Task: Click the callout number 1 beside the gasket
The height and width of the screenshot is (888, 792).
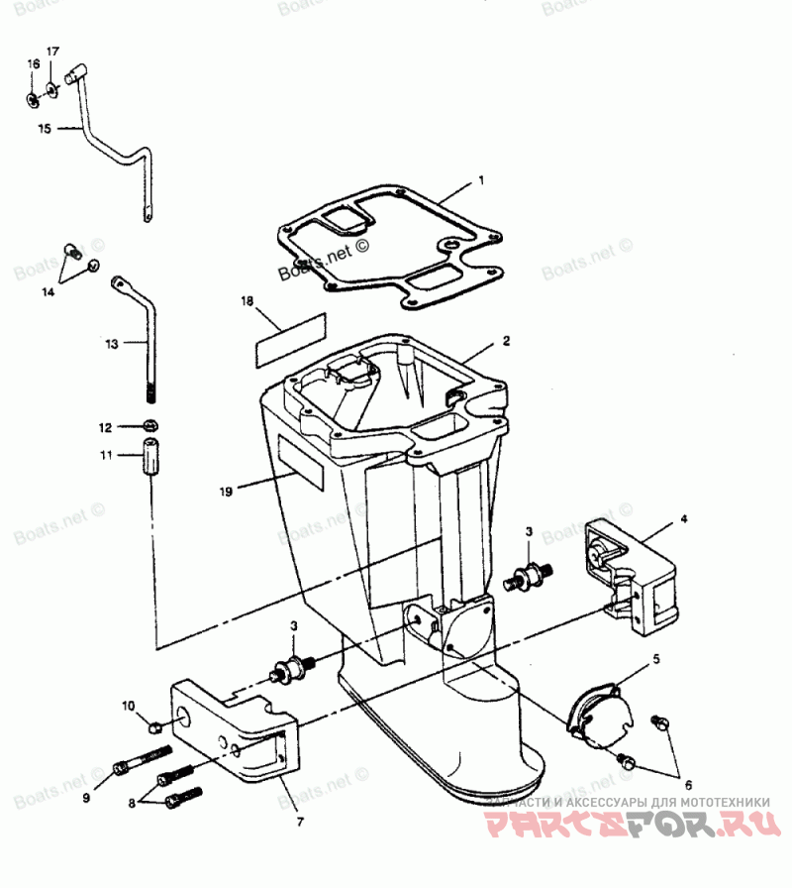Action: point(481,181)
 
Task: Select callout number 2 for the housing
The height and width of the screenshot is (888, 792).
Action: point(506,340)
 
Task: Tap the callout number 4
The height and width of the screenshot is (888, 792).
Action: point(683,518)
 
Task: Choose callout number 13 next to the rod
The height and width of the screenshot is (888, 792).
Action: point(111,344)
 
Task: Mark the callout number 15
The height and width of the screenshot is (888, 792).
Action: point(44,129)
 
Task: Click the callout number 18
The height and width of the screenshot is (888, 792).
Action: point(248,298)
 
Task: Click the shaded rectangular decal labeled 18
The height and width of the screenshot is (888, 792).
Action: point(289,333)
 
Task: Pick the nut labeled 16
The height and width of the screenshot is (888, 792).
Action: point(33,98)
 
